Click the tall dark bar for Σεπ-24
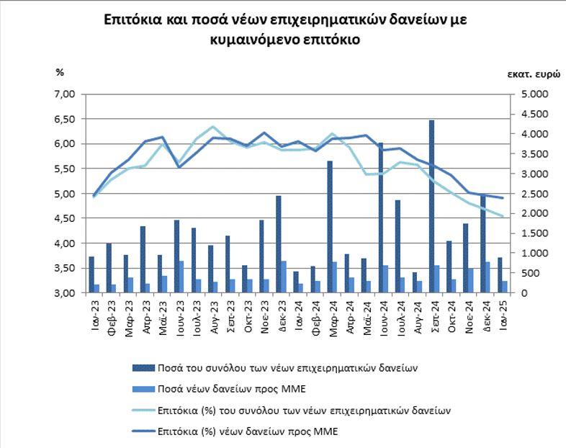point(432,206)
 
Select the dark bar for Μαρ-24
point(330,227)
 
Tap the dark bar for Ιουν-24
point(380,218)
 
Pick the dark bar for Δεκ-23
point(278,244)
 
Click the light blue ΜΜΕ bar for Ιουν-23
point(181,277)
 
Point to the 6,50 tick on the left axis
point(64,119)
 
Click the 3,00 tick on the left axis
point(64,293)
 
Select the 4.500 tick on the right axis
point(535,114)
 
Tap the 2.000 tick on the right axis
point(535,213)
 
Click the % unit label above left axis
point(60,72)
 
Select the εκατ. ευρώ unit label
point(534,74)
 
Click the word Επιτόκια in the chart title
point(132,19)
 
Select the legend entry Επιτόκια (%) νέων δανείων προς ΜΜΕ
point(235,431)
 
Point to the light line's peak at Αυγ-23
point(213,126)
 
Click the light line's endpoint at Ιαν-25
point(502,216)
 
